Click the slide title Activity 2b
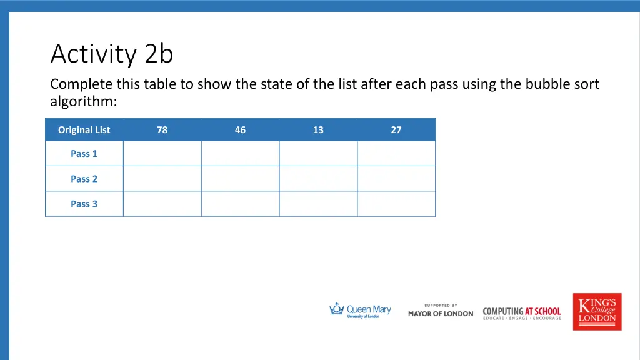pos(112,54)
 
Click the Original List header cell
pos(84,130)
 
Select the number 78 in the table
pos(162,130)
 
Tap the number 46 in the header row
pos(240,130)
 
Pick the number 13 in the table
pos(318,130)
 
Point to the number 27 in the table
pos(396,130)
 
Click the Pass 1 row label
pos(84,154)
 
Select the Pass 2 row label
pos(84,179)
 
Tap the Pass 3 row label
pos(84,204)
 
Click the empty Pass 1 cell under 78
pos(162,154)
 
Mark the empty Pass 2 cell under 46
pos(240,179)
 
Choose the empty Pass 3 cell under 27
pos(396,204)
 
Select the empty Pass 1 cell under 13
pos(318,154)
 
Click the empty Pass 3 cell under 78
pos(162,204)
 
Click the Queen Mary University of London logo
pos(360,311)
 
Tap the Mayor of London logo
pos(441,311)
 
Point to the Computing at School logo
pos(522,312)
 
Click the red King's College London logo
pos(597,311)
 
